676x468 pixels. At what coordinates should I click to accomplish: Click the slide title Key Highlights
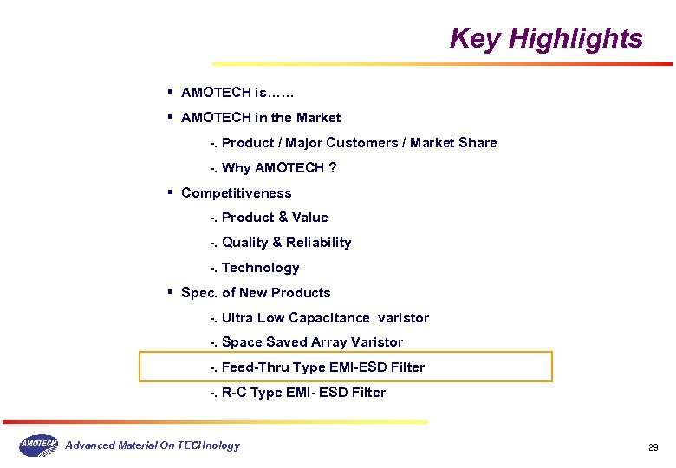[546, 39]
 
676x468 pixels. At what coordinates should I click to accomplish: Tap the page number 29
[653, 447]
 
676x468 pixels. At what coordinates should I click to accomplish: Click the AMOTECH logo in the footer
[38, 445]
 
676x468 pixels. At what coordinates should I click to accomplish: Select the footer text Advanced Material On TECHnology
[153, 445]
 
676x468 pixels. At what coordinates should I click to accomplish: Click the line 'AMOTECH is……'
[238, 93]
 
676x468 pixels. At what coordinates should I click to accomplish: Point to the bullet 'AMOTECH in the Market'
[261, 118]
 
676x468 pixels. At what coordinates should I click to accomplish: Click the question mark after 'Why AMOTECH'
[333, 168]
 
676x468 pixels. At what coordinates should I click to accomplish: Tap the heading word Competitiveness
[237, 193]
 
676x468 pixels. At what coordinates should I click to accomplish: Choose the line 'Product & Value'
[275, 218]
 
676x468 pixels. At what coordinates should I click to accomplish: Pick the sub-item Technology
[261, 268]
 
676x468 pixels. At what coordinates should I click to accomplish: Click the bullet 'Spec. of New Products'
[256, 293]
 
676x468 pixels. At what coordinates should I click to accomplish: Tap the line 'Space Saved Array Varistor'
[312, 342]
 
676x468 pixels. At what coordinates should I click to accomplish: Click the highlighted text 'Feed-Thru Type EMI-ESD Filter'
[323, 367]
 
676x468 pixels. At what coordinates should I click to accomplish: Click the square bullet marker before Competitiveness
[172, 192]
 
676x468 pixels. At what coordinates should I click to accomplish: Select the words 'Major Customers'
[342, 143]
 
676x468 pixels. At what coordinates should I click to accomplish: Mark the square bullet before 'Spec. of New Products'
[172, 291]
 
